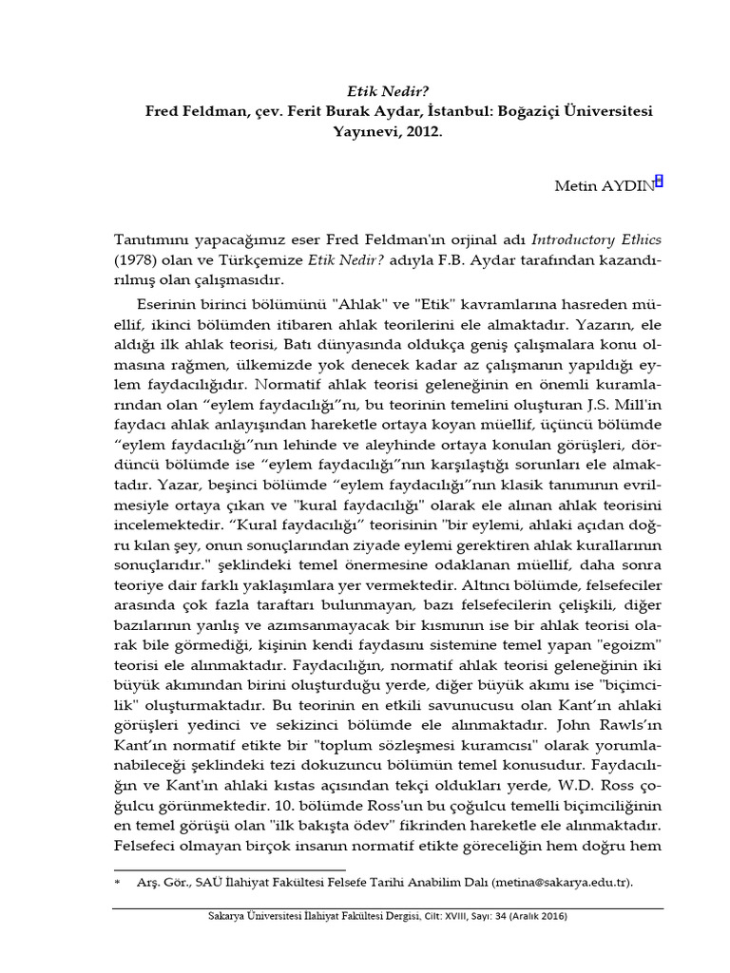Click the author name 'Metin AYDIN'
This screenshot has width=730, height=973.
pos(605,185)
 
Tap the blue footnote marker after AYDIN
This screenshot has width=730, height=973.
pos(660,181)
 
